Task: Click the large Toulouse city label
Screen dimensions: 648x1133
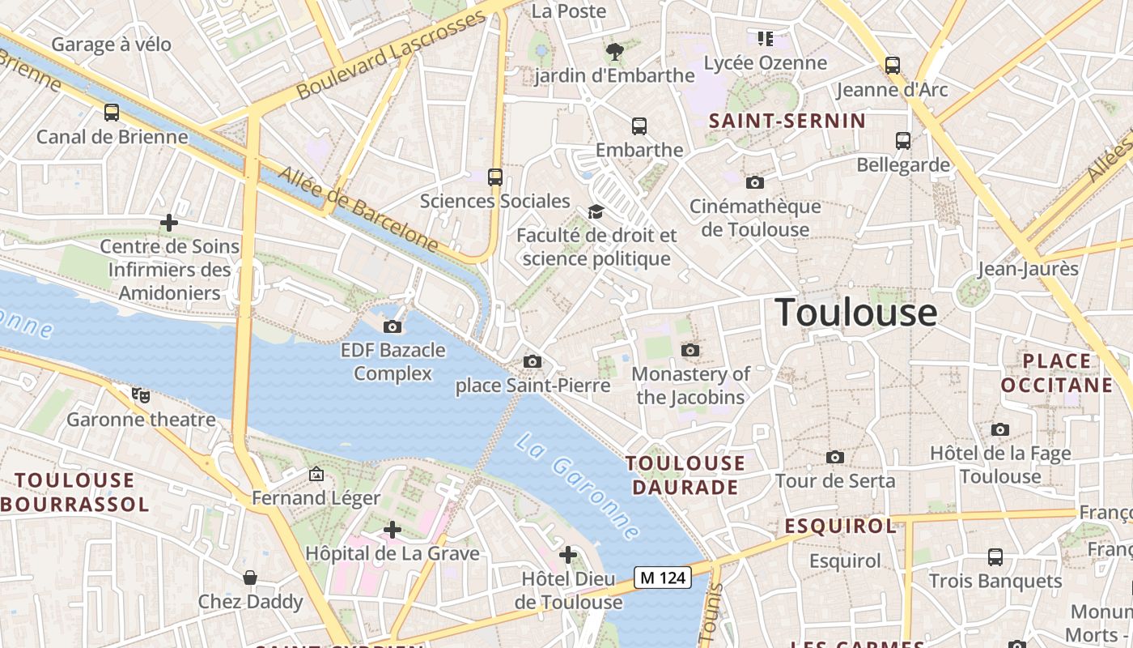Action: pyautogui.click(x=856, y=313)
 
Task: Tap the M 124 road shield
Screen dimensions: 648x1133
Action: pyautogui.click(x=663, y=578)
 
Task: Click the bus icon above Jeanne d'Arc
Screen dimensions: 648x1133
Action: pyautogui.click(x=893, y=66)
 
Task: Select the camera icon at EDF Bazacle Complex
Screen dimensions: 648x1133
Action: pyautogui.click(x=393, y=326)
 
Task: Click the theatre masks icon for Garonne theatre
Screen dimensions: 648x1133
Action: pyautogui.click(x=141, y=395)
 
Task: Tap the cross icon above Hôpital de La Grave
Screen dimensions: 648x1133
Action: pyautogui.click(x=393, y=530)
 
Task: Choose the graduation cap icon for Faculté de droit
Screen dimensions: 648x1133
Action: pyautogui.click(x=596, y=211)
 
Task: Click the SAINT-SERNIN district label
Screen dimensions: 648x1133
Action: pyautogui.click(x=787, y=122)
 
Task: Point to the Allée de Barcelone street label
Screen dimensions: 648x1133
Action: pyautogui.click(x=358, y=210)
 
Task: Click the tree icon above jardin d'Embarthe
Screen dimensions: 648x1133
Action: pyautogui.click(x=615, y=52)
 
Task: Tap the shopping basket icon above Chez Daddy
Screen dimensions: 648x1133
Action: pyautogui.click(x=250, y=578)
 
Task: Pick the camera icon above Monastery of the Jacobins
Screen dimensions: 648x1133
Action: pyautogui.click(x=690, y=350)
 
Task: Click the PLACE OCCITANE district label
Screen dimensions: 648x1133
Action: pyautogui.click(x=1056, y=373)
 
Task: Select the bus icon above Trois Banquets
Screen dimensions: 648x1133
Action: pyautogui.click(x=995, y=557)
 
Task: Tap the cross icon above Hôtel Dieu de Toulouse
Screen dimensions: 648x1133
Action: pyautogui.click(x=568, y=555)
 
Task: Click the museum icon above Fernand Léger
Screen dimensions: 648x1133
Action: pyautogui.click(x=316, y=474)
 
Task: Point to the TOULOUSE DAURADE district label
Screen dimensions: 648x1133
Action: pyautogui.click(x=685, y=475)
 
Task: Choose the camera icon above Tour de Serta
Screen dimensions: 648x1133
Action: pyautogui.click(x=835, y=458)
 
